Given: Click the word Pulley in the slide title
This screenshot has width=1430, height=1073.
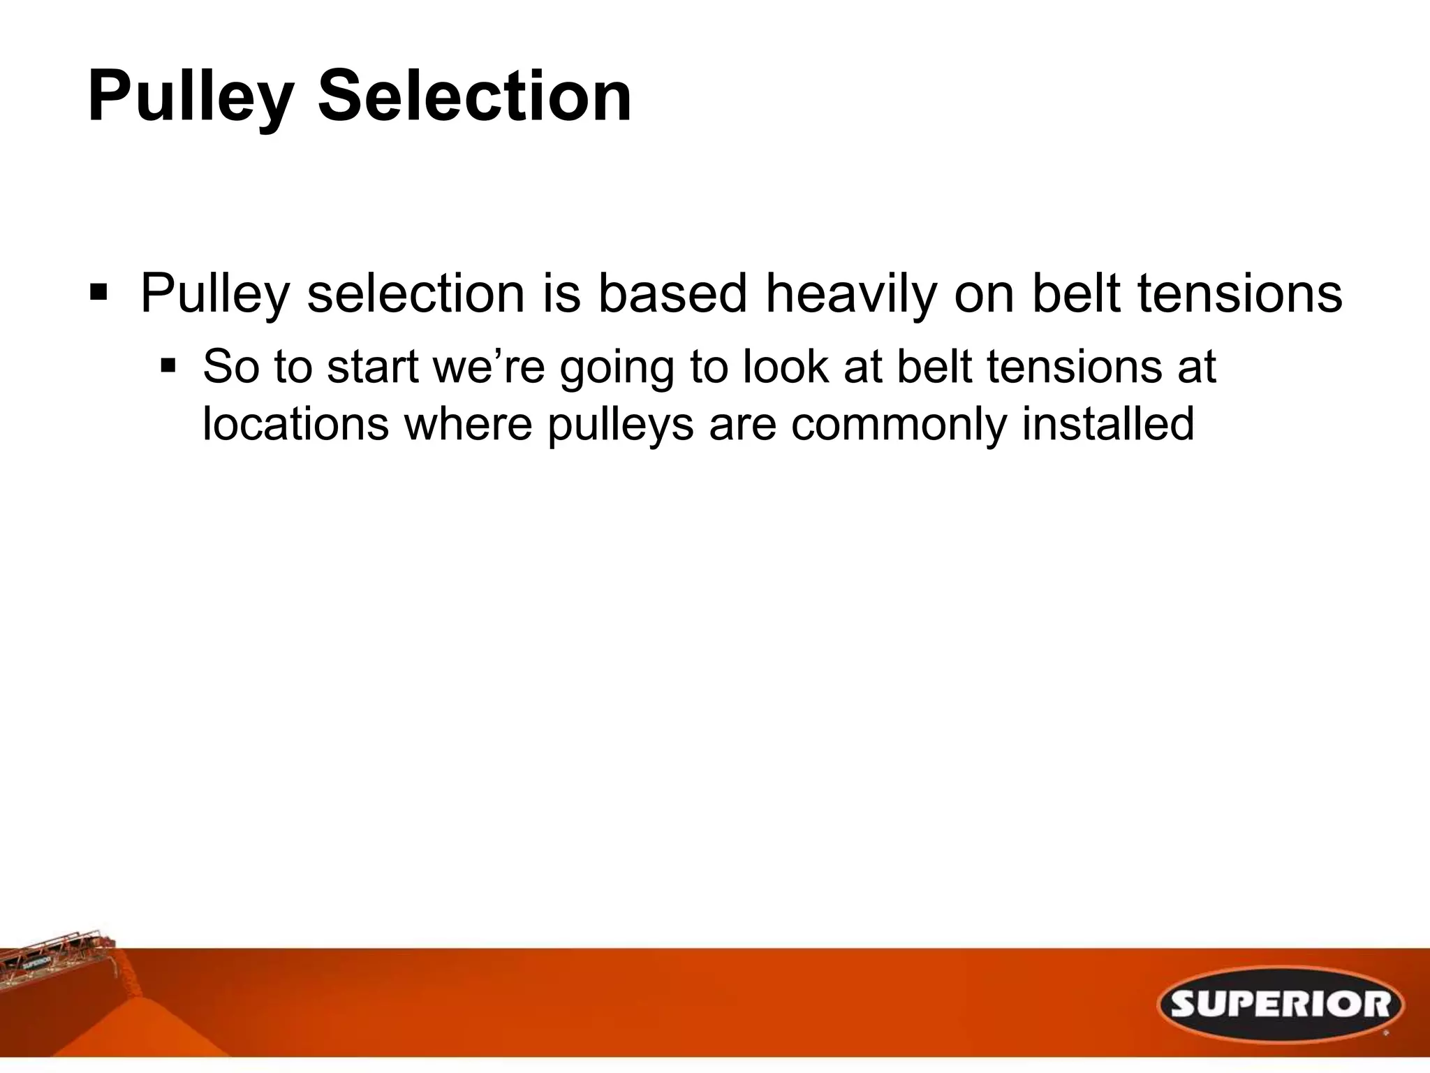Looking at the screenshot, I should tap(189, 98).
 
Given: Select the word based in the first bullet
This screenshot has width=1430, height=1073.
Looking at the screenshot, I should tap(672, 293).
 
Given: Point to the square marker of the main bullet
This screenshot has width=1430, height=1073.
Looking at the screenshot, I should tap(98, 291).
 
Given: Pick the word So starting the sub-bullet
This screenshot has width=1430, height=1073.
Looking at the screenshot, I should tap(230, 366).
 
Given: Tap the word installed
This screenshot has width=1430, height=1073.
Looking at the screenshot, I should tap(1107, 423).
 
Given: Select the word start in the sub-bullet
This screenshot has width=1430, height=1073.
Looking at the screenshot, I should tap(371, 366).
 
